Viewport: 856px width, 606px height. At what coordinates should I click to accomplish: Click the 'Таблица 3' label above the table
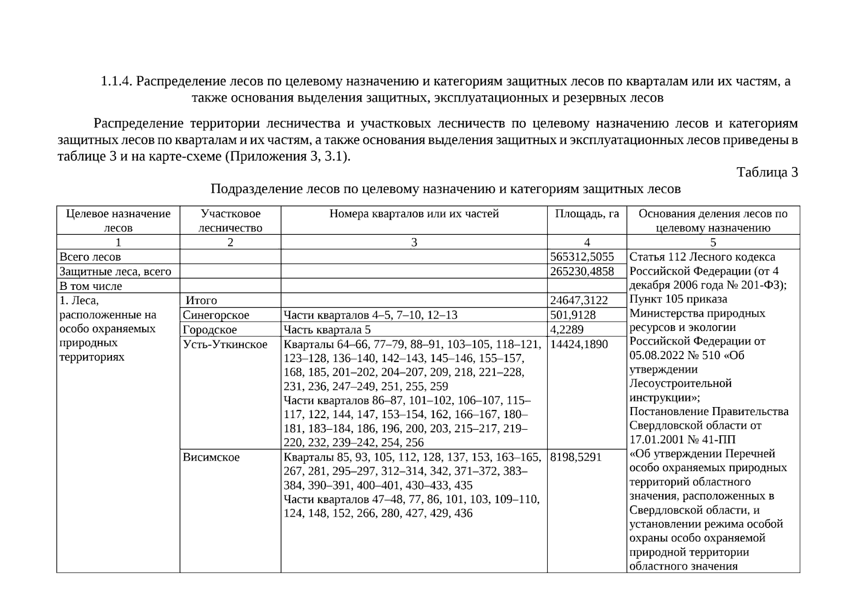pos(767,173)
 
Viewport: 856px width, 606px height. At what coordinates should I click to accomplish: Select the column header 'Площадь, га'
pos(587,214)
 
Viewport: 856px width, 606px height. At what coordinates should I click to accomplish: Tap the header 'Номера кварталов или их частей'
pos(414,214)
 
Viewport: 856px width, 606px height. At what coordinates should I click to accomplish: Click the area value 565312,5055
pos(582,257)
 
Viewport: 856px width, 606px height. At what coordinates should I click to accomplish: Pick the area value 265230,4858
pos(582,271)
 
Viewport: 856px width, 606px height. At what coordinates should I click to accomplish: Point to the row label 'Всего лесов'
pos(90,257)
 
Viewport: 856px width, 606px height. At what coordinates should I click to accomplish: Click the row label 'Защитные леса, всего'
pos(116,271)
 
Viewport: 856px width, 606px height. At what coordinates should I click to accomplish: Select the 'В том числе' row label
pos(91,286)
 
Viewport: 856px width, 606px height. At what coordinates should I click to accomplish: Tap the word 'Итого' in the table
pos(201,300)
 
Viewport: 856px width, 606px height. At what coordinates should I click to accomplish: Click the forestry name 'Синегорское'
pos(216,315)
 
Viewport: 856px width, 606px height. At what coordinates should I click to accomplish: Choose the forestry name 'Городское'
pos(210,330)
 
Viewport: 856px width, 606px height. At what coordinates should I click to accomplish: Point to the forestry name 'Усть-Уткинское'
pos(225,344)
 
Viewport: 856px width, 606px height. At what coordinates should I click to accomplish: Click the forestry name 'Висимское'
pos(211,457)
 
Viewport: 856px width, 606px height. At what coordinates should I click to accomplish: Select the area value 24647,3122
pos(579,300)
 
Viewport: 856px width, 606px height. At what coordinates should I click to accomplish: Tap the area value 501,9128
pos(573,315)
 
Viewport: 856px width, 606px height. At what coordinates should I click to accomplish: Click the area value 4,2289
pos(567,330)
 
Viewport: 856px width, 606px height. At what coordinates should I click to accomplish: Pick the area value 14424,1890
pos(579,344)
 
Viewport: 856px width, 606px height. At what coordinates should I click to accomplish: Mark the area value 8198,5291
pos(576,457)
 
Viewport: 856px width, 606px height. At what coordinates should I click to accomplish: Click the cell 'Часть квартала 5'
pos(327,330)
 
